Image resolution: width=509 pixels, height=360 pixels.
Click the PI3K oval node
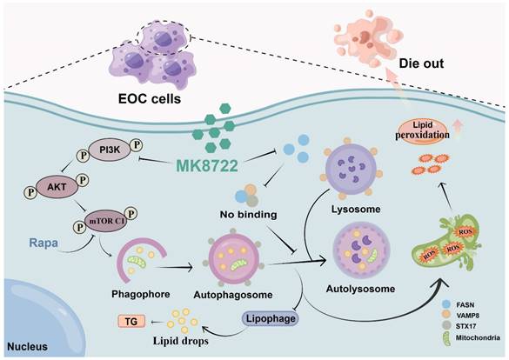coord(110,150)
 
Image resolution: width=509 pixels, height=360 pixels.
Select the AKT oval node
coord(57,187)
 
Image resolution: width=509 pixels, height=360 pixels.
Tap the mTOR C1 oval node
coord(106,221)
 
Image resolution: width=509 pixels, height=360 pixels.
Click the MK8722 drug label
coord(207,166)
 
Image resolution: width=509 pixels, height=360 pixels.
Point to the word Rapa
coord(44,243)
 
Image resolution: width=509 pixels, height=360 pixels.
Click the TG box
coord(131,322)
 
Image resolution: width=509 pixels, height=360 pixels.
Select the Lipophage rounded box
coord(271,318)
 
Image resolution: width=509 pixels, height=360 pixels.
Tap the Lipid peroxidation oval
coord(422,130)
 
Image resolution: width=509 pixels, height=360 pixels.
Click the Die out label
coord(421,63)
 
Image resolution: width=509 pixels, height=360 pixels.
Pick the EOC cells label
coord(150,98)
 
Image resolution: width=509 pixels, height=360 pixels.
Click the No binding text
coord(248,215)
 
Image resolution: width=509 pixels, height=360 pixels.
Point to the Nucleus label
coord(27,346)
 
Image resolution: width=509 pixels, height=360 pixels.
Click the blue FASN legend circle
coord(446,304)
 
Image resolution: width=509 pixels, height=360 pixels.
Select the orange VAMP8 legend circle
coord(446,315)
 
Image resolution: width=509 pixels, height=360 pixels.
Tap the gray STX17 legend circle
coord(446,325)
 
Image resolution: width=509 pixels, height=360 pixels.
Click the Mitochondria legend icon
coord(447,338)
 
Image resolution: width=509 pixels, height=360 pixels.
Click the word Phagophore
coord(141,294)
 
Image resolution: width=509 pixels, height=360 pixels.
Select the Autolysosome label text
coord(360,289)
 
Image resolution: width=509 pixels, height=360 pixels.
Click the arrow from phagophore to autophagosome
coord(173,268)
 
